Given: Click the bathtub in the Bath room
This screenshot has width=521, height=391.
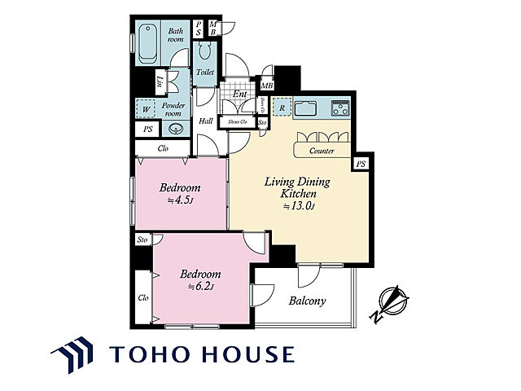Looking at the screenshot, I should click(x=148, y=43).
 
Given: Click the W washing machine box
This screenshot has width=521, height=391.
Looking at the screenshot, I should click(x=146, y=108).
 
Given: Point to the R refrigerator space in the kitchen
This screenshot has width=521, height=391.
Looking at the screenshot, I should click(x=281, y=107).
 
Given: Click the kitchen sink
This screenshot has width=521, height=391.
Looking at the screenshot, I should click(x=308, y=107).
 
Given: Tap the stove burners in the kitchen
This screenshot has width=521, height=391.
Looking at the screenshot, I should click(x=339, y=107).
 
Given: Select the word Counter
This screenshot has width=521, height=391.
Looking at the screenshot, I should click(x=322, y=152).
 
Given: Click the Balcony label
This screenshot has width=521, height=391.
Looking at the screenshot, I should click(x=307, y=301).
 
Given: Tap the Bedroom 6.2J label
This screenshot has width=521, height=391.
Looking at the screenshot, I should click(x=199, y=279).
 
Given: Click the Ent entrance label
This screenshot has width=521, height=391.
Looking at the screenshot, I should click(x=239, y=94).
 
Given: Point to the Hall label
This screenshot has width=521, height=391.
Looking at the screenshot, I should click(x=206, y=121).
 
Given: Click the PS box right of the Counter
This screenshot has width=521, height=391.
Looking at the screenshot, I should click(x=361, y=164).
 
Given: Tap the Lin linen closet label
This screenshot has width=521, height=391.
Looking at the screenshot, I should click(x=160, y=81).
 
